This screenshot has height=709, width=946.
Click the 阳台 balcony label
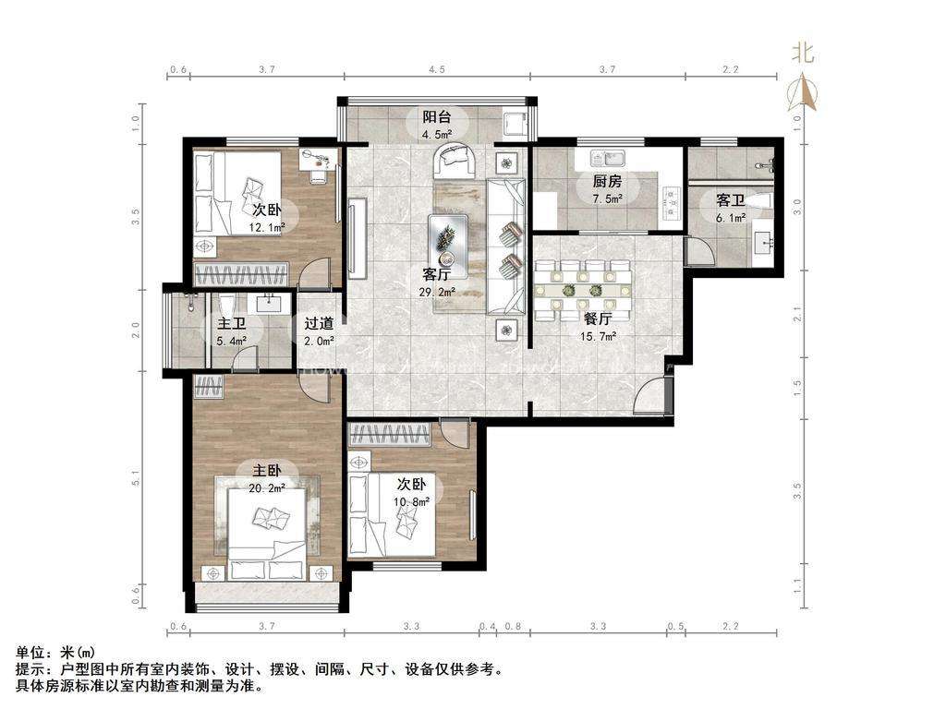click(436, 116)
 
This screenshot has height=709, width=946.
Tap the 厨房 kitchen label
click(607, 181)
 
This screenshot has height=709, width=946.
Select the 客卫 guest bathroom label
click(731, 199)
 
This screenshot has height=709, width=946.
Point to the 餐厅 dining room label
click(598, 318)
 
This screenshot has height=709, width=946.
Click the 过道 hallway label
click(319, 324)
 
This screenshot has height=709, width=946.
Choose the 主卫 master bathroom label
click(232, 324)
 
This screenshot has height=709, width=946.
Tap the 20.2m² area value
click(267, 488)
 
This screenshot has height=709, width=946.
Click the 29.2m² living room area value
click(437, 293)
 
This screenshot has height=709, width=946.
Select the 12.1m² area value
click(267, 227)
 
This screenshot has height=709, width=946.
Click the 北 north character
click(803, 54)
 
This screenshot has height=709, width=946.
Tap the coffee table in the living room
click(448, 246)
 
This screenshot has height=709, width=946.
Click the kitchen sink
click(609, 159)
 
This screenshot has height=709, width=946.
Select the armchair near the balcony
click(454, 160)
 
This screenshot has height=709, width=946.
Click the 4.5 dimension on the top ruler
click(437, 69)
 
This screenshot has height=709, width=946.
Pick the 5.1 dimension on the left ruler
click(136, 478)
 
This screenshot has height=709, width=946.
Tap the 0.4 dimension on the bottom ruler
click(487, 627)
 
